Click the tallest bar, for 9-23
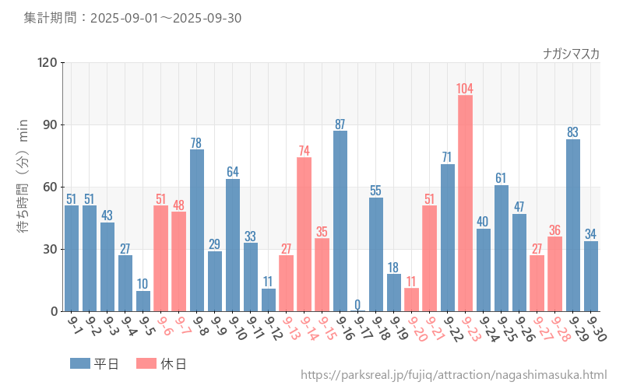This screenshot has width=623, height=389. [465, 203]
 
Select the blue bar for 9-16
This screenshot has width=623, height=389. [340, 221]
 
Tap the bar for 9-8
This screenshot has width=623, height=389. [197, 230]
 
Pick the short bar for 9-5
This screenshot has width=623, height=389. [143, 301]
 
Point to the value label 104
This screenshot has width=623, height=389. [465, 88]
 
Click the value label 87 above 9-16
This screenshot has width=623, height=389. [340, 124]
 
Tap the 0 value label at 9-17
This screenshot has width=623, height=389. [358, 304]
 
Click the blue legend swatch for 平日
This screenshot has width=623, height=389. [80, 363]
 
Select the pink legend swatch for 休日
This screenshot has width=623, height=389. [146, 363]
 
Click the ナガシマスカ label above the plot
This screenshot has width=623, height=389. [571, 54]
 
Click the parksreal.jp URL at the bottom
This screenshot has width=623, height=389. [453, 375]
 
